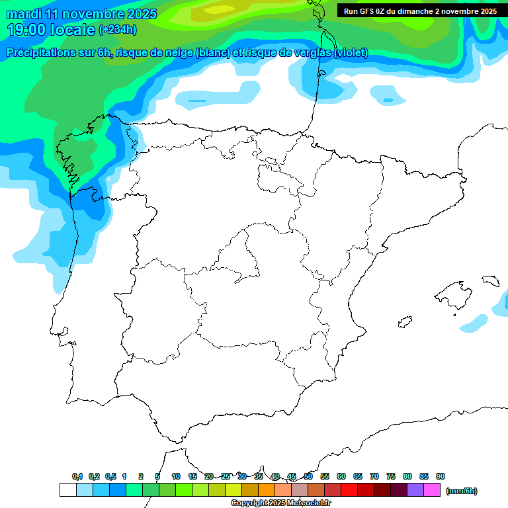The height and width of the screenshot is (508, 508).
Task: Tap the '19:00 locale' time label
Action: coord(50,30)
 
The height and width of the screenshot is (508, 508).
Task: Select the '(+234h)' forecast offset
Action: coord(117,30)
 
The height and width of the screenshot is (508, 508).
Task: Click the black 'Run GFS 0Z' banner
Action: coord(420,11)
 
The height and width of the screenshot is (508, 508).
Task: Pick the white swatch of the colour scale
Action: coord(67,490)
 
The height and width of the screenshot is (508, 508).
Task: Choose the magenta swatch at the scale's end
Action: coord(432,490)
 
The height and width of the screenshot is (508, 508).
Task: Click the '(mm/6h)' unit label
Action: coord(461,491)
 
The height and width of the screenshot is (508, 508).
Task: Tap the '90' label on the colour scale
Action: coord(440,477)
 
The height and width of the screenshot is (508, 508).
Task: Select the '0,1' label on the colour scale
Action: coord(77,477)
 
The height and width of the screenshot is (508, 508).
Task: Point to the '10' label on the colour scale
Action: coord(176,477)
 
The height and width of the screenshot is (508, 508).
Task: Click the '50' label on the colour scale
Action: coord(308,477)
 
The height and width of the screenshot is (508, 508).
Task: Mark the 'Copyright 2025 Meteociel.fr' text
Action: coord(280,503)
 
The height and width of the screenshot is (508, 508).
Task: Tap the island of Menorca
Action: coord(489,280)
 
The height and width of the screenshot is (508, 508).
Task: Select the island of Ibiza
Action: coord(405,322)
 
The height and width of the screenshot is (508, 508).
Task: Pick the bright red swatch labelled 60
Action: coord(349,490)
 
